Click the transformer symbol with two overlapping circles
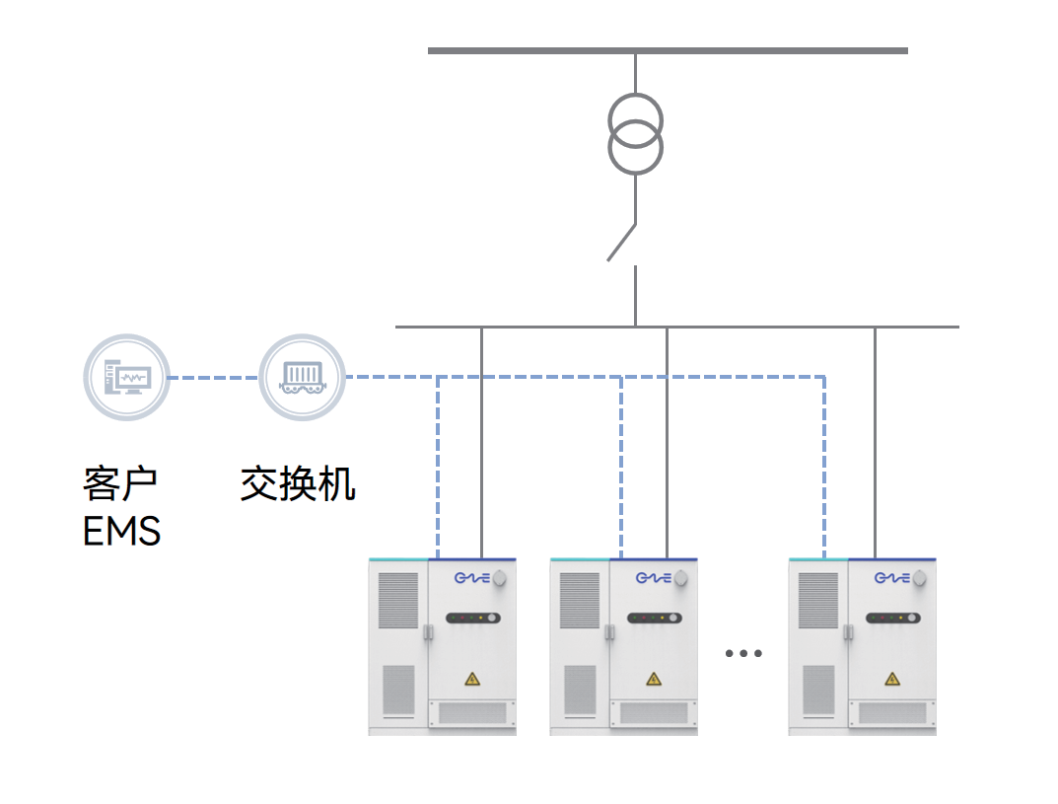click(635, 134)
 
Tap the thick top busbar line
click(668, 50)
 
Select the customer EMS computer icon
click(126, 378)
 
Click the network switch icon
click(302, 378)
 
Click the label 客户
click(120, 483)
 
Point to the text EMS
click(121, 532)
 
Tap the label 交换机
click(298, 483)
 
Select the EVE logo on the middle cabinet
click(653, 578)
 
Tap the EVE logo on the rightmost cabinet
click(891, 578)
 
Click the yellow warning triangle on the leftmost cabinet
click(472, 679)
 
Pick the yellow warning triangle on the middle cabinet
click(653, 679)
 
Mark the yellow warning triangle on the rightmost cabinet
click(892, 679)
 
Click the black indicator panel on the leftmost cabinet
click(473, 619)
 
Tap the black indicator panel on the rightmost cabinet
click(893, 619)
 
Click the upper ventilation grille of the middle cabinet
click(580, 600)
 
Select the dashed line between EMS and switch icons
click(214, 378)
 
